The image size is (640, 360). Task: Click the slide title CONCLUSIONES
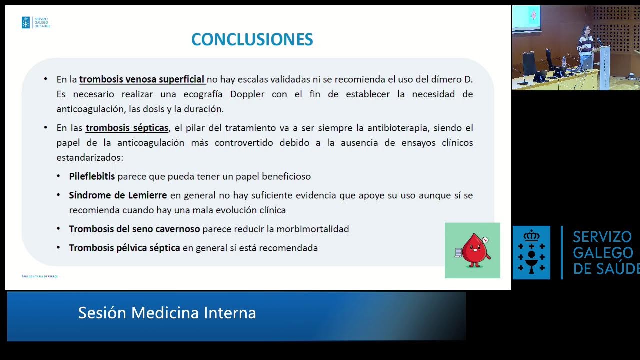252,39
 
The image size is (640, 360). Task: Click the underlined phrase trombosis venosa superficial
142,79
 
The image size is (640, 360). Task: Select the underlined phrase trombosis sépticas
127,128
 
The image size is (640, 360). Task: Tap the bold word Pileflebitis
92,176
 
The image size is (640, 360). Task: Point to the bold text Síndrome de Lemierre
118,195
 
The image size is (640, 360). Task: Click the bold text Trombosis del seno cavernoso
134,229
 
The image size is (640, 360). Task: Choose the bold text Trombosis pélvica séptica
124,248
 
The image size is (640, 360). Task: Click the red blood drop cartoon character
473,250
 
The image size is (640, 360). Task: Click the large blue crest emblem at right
531,252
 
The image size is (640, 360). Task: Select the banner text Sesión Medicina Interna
167,313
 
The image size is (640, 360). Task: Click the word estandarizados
89,157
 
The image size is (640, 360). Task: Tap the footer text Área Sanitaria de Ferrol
40,276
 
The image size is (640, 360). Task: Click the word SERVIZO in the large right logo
602,237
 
